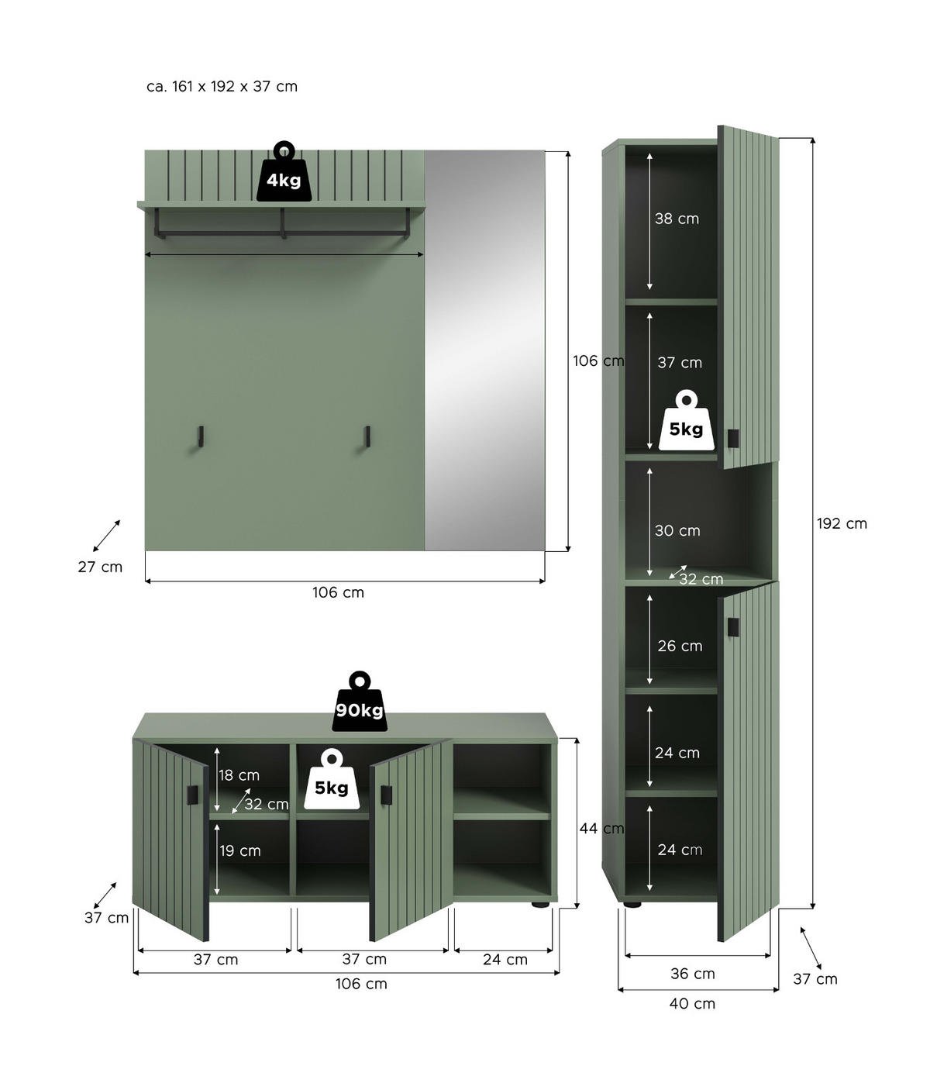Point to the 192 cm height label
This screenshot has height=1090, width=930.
click(x=842, y=523)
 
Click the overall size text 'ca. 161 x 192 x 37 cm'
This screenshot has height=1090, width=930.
click(x=222, y=86)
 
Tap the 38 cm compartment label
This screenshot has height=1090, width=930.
click(x=677, y=219)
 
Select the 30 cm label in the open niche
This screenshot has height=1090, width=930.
click(x=677, y=530)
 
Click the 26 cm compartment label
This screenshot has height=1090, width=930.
click(x=680, y=646)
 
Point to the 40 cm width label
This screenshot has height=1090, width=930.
click(x=692, y=1003)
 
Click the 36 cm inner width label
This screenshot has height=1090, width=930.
click(x=692, y=974)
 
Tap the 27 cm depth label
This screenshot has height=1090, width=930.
click(x=100, y=567)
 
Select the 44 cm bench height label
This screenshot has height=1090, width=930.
click(x=601, y=829)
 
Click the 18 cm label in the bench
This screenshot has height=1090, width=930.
click(x=239, y=775)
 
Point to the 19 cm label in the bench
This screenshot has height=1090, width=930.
click(x=239, y=850)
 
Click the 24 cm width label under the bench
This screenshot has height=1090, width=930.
click(x=505, y=960)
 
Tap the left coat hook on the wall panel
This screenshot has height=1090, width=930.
click(x=200, y=437)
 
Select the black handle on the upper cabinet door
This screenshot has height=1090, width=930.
click(x=733, y=438)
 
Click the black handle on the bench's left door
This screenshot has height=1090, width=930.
click(x=193, y=795)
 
